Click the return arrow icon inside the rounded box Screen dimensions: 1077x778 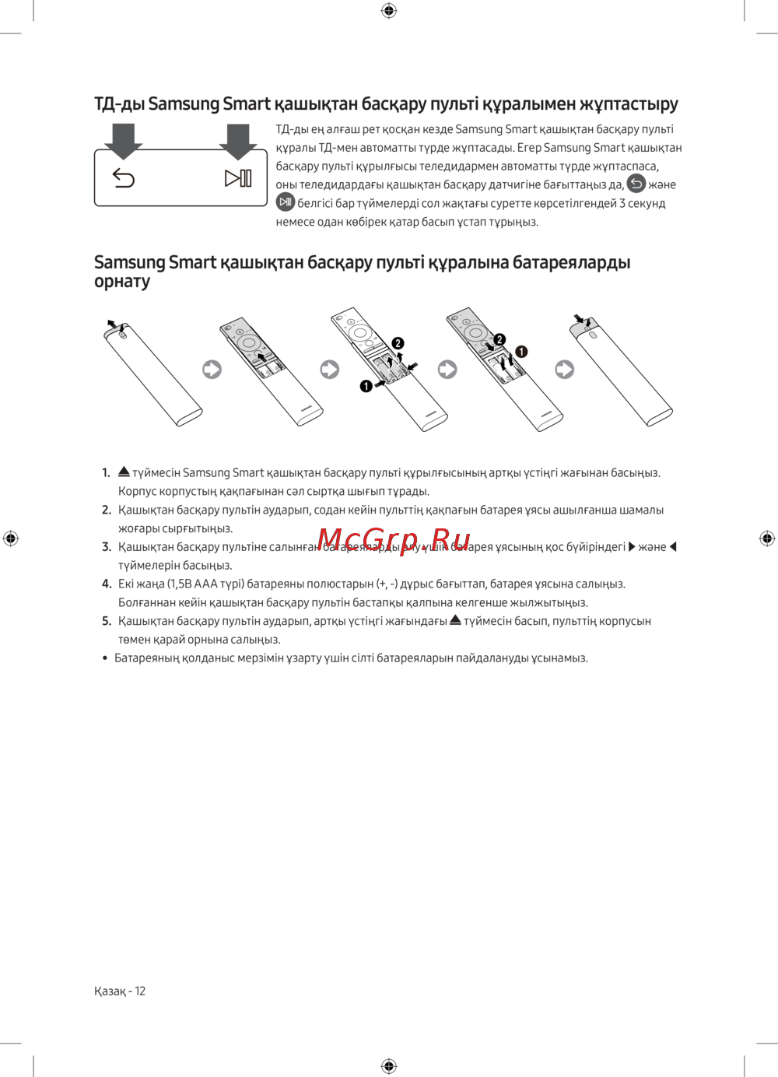124,178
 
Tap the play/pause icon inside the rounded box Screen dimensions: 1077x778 238,178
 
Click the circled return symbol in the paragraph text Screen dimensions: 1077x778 636,184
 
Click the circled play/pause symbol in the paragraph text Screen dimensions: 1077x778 286,202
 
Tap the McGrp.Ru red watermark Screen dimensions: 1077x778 394,539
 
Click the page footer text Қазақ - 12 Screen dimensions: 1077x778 120,991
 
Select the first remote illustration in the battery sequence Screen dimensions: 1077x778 152,374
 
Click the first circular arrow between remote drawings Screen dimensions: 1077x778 212,369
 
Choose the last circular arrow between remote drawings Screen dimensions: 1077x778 565,369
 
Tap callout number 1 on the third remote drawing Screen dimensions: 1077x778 366,386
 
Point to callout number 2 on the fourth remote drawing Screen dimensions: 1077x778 499,339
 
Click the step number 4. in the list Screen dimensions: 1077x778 107,584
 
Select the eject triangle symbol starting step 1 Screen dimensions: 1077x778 124,472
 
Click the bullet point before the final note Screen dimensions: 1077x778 105,658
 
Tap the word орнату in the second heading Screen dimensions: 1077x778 122,282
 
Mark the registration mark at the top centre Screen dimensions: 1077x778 389,10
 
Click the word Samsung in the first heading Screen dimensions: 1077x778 184,104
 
